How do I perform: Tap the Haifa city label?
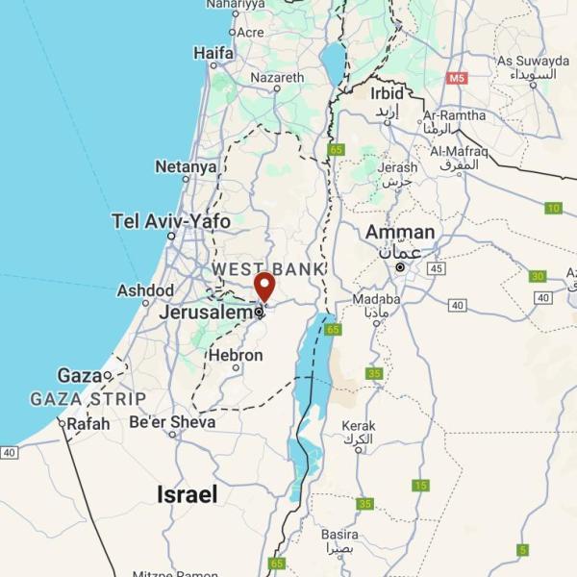tap(213, 54)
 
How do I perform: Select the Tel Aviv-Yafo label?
tap(171, 221)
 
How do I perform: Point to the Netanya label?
tap(186, 166)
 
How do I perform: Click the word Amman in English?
tap(399, 233)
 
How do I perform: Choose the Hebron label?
tap(235, 356)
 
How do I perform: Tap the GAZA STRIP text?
tap(88, 398)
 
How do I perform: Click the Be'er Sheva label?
tap(172, 421)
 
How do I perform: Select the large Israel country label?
tap(187, 494)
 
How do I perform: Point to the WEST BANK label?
tap(268, 268)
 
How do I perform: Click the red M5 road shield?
tap(456, 78)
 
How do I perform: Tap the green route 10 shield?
tap(553, 208)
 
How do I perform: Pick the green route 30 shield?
tap(537, 276)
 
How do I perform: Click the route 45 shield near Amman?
tap(437, 268)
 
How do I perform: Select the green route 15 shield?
tap(420, 485)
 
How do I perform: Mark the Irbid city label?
tap(387, 93)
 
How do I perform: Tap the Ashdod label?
tap(145, 290)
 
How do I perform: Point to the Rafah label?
tap(88, 423)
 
